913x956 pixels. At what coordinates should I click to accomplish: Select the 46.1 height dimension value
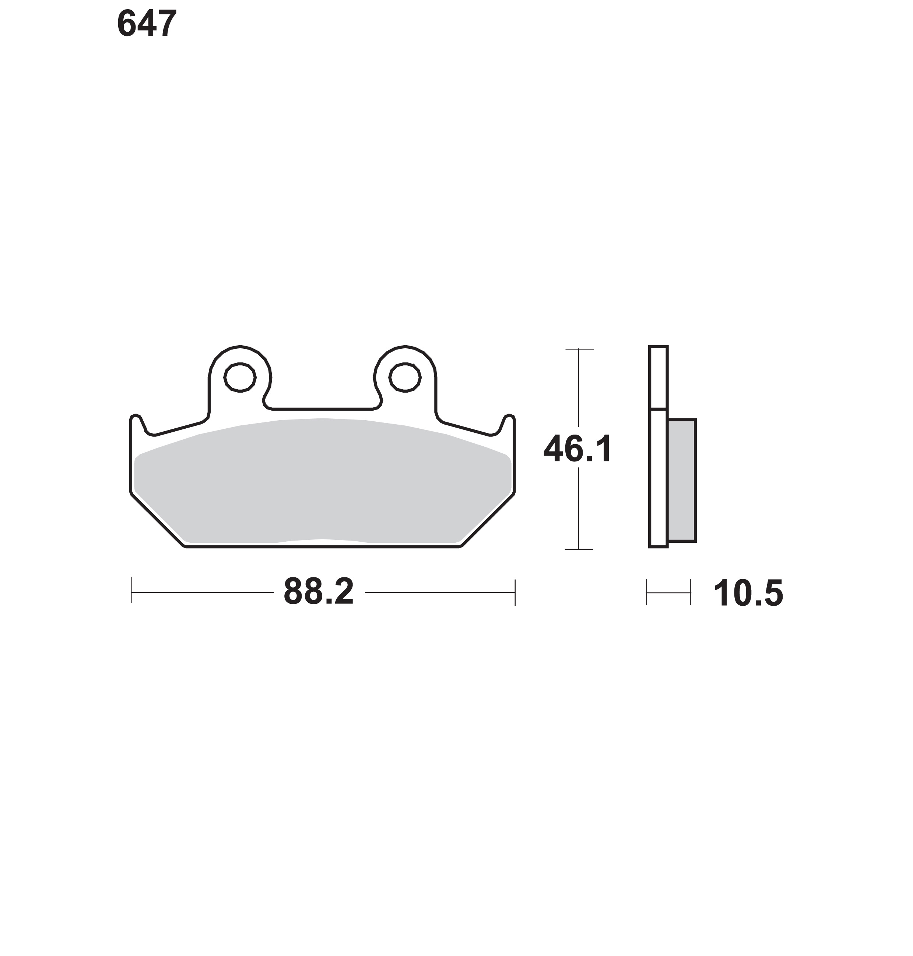click(x=578, y=449)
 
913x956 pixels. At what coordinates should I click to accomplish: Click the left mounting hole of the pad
click(x=240, y=377)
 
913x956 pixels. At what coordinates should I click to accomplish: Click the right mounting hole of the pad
click(x=404, y=377)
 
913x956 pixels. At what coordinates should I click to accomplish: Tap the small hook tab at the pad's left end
click(x=138, y=423)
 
